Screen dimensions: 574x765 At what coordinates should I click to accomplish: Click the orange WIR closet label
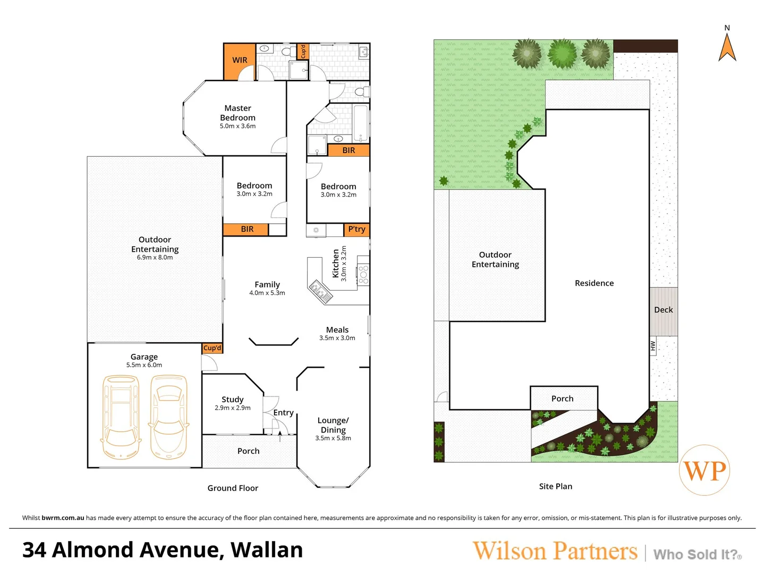pyautogui.click(x=240, y=60)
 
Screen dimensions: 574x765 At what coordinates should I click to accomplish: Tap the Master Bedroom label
pyautogui.click(x=237, y=113)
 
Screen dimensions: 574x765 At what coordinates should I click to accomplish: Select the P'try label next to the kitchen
pyautogui.click(x=356, y=229)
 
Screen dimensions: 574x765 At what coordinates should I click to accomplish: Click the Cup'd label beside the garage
pyautogui.click(x=212, y=348)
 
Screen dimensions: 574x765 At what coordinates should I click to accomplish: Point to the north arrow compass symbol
pyautogui.click(x=727, y=46)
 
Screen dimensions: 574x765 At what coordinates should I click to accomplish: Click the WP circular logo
pyautogui.click(x=704, y=470)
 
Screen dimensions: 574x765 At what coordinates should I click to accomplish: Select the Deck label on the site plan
pyautogui.click(x=663, y=310)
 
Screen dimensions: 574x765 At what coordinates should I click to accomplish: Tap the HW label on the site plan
pyautogui.click(x=653, y=346)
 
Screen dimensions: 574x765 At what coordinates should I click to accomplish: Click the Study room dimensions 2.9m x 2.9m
pyautogui.click(x=233, y=408)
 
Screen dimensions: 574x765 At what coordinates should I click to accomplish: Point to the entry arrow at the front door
pyautogui.click(x=280, y=436)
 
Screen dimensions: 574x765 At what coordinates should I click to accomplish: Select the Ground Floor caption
pyautogui.click(x=233, y=488)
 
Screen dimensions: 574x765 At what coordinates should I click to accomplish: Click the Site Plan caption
pyautogui.click(x=555, y=486)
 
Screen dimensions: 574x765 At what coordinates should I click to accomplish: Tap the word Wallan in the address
pyautogui.click(x=267, y=550)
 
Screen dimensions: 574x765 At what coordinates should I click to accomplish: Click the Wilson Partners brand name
pyautogui.click(x=555, y=551)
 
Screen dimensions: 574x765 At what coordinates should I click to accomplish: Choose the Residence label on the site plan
pyautogui.click(x=594, y=283)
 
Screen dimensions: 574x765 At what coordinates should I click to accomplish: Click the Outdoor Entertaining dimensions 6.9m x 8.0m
pyautogui.click(x=155, y=258)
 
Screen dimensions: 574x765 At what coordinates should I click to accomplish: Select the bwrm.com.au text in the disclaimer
pyautogui.click(x=63, y=518)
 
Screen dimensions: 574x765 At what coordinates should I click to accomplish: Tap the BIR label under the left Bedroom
pyautogui.click(x=247, y=229)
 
